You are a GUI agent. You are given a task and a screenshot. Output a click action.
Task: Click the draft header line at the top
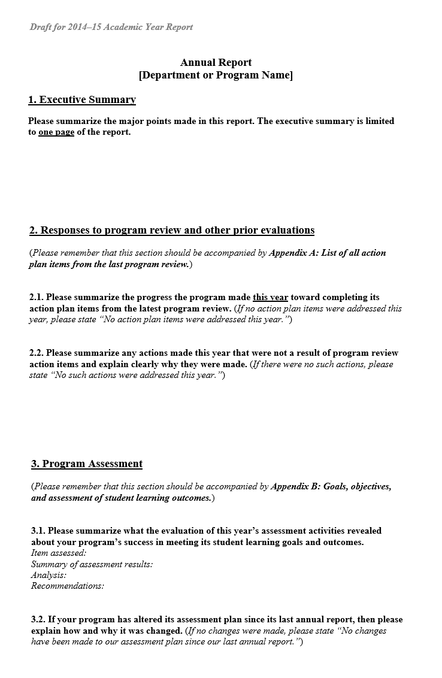pyautogui.click(x=111, y=27)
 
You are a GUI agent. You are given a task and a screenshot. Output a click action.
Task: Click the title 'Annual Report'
pyautogui.click(x=216, y=62)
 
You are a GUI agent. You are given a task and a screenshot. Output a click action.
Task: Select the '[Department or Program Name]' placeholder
pyautogui.click(x=216, y=75)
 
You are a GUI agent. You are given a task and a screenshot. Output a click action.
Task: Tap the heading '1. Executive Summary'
pyautogui.click(x=82, y=100)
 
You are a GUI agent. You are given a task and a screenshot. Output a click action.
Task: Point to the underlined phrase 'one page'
pyautogui.click(x=56, y=132)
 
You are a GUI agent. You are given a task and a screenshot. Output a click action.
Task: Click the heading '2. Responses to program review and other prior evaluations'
pyautogui.click(x=172, y=231)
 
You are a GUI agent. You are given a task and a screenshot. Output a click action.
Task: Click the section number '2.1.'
pyautogui.click(x=37, y=297)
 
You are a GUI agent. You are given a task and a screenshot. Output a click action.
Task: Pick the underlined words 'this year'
pyautogui.click(x=271, y=297)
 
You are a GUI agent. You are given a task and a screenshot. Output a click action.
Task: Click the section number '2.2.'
pyautogui.click(x=37, y=353)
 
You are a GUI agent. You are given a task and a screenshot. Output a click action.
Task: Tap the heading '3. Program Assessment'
pyautogui.click(x=87, y=464)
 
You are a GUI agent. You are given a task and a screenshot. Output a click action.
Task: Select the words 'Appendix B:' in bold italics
pyautogui.click(x=296, y=487)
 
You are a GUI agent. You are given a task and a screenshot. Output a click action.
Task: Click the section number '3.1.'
pyautogui.click(x=38, y=531)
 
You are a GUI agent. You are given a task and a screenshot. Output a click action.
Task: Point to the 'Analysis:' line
pyautogui.click(x=49, y=575)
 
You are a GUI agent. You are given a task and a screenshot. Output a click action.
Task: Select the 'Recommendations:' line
pyautogui.click(x=68, y=586)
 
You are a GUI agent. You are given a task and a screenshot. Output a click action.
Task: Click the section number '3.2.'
pyautogui.click(x=38, y=619)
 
